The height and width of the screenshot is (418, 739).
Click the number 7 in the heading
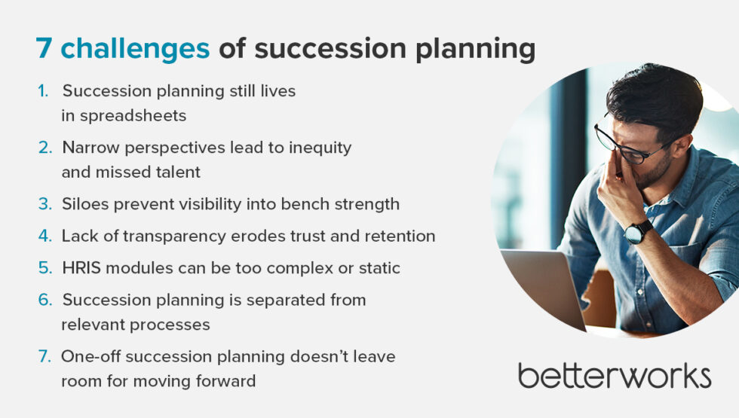coord(45,49)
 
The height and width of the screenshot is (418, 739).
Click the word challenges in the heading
coord(135,49)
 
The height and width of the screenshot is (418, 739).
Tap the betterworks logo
coord(614,374)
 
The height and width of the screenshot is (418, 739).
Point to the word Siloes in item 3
coord(85,204)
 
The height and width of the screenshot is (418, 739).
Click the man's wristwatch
coord(638,231)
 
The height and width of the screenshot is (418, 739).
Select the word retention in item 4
coord(401,236)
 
